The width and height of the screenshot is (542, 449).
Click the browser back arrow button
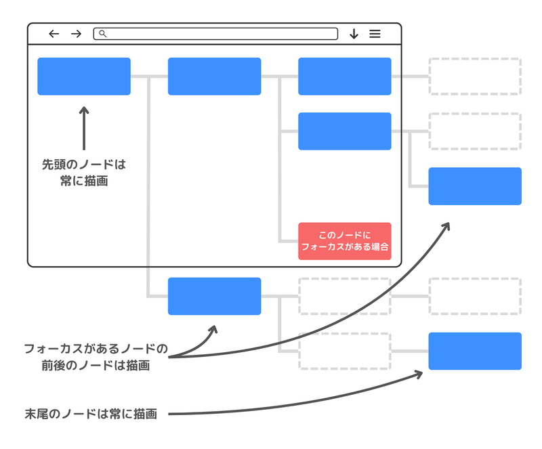click(x=54, y=34)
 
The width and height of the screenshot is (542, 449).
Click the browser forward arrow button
click(x=76, y=34)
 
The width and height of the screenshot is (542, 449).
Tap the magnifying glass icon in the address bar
click(x=102, y=33)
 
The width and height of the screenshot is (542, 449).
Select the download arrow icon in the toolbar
click(x=354, y=34)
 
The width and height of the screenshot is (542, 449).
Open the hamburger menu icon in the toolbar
click(x=375, y=34)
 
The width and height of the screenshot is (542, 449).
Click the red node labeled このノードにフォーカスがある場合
click(x=345, y=241)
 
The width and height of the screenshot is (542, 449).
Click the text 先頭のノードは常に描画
click(x=84, y=173)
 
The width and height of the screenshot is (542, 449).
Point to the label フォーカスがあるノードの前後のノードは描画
click(x=96, y=357)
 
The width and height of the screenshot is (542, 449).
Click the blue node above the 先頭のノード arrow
click(x=84, y=77)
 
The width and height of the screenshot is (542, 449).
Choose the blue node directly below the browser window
click(x=214, y=296)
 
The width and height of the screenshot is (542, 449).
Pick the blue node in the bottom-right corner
click(x=475, y=351)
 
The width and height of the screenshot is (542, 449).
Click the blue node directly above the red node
click(x=345, y=131)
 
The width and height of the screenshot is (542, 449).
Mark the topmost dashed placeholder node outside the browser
click(x=475, y=77)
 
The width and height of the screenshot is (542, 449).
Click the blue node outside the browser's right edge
click(x=475, y=186)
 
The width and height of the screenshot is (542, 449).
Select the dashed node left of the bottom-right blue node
click(x=345, y=351)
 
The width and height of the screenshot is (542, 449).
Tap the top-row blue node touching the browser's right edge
click(x=345, y=77)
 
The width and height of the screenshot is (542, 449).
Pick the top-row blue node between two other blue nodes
click(x=214, y=77)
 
